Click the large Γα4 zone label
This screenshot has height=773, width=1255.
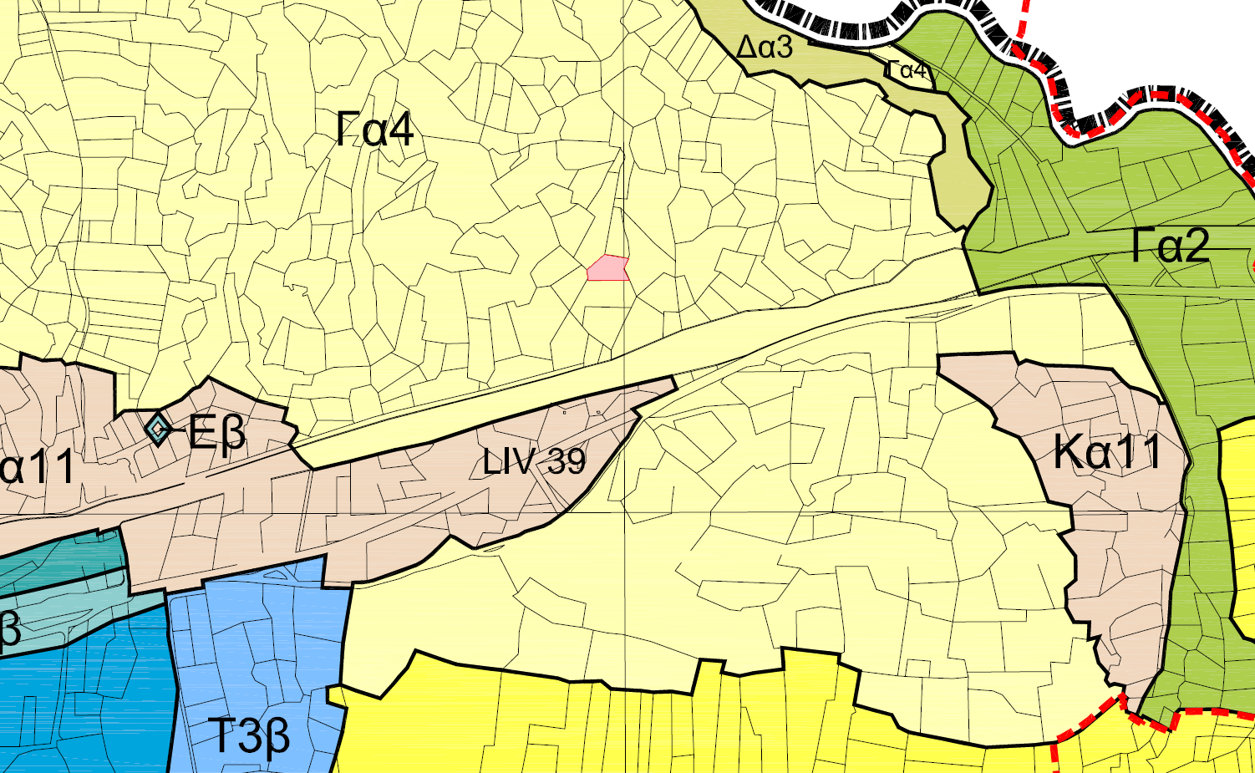coord(375,130)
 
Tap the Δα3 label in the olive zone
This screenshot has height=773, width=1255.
coord(764,47)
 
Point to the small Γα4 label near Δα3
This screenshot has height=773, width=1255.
coord(907,70)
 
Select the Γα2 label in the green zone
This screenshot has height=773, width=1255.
coord(1171,246)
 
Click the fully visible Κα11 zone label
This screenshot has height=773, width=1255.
coord(1107,452)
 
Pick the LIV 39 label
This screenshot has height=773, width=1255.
coord(534,461)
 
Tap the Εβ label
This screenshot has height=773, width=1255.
coord(216,432)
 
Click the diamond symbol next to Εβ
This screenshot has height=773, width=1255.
coord(157,428)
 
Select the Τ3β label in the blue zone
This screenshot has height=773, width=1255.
coord(248,736)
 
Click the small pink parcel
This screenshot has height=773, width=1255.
coord(607,268)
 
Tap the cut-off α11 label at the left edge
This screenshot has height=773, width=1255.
coord(38,468)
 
